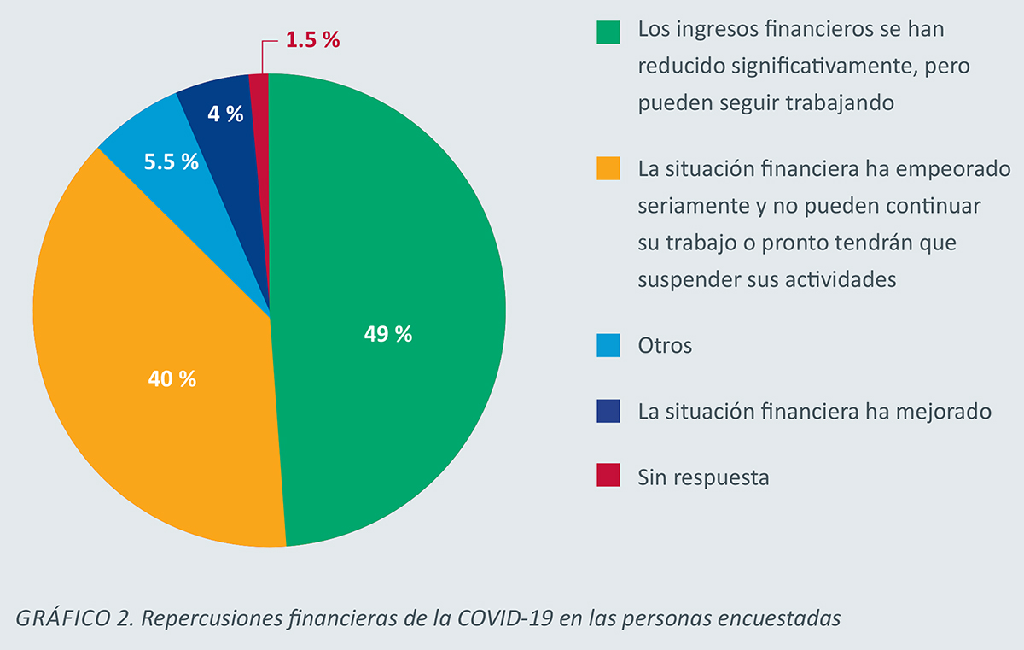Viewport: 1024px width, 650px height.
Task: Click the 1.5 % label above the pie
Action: [312, 40]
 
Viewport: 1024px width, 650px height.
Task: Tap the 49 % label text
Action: [388, 335]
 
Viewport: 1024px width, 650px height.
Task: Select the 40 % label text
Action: [172, 378]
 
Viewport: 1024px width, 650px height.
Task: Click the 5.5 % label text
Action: [171, 161]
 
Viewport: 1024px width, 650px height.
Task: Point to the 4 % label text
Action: [225, 114]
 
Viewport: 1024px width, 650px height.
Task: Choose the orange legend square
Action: [608, 169]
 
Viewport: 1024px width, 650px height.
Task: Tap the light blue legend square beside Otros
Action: [608, 346]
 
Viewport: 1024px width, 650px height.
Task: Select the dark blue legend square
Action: [608, 412]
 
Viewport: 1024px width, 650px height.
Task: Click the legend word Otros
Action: [665, 346]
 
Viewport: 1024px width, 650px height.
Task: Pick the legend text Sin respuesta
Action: [703, 477]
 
